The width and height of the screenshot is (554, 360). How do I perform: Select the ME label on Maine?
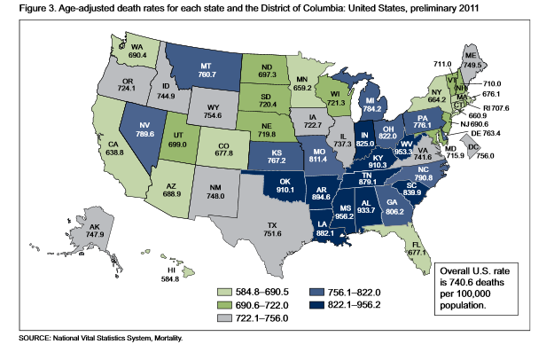[494, 55]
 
